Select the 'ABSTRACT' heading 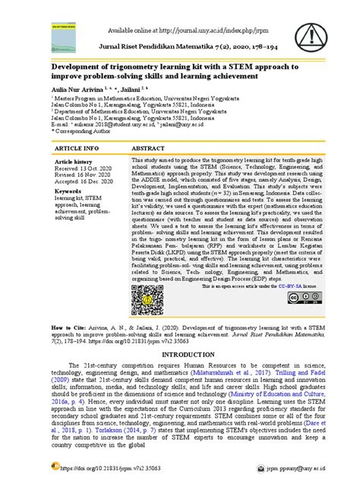148,147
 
